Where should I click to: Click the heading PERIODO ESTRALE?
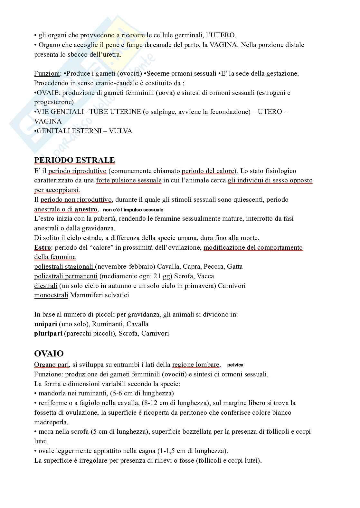point(74,160)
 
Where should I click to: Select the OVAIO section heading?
point(49,354)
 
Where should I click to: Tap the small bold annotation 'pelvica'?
point(235,365)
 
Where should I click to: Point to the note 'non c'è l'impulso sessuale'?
point(133,210)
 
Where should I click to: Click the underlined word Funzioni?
point(47,73)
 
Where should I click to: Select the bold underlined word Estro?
point(43,247)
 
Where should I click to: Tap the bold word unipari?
point(46,324)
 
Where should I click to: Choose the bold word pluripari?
point(48,333)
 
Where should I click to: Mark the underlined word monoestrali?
point(51,295)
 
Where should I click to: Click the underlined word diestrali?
point(46,286)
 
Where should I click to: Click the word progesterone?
point(54,102)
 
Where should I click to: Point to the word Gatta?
point(235,266)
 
